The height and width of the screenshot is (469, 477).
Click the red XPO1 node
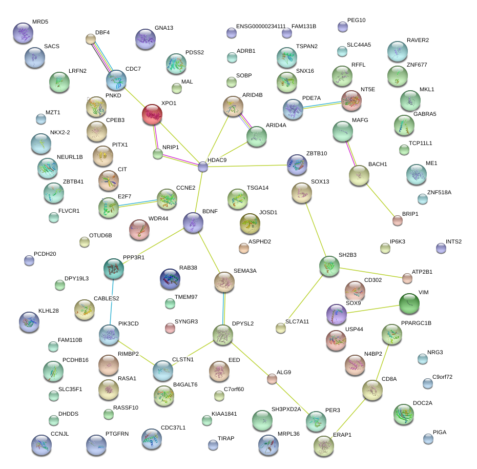pyautogui.click(x=152, y=114)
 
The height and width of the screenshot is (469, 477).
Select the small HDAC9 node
pyautogui.click(x=203, y=167)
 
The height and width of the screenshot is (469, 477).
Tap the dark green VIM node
pyautogui.click(x=409, y=303)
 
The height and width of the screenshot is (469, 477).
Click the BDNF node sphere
pyautogui.click(x=193, y=222)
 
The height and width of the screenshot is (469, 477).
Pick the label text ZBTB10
pyautogui.click(x=317, y=153)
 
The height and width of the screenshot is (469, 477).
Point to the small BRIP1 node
pyautogui.click(x=397, y=221)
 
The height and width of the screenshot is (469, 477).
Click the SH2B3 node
pyautogui.click(x=329, y=266)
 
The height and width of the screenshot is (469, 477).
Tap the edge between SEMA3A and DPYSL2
pyautogui.click(x=223, y=308)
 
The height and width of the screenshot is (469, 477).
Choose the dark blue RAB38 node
pyautogui.click(x=170, y=279)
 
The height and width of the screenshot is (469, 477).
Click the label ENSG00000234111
pyautogui.click(x=261, y=26)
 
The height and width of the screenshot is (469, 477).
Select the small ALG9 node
pyautogui.click(x=272, y=379)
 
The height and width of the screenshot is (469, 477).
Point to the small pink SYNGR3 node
pyautogui.click(x=170, y=328)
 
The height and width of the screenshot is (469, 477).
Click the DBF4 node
pyautogui.click(x=90, y=39)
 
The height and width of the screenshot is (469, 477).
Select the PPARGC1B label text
pyautogui.click(x=416, y=323)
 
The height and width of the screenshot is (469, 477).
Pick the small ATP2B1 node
pyautogui.click(x=407, y=278)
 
